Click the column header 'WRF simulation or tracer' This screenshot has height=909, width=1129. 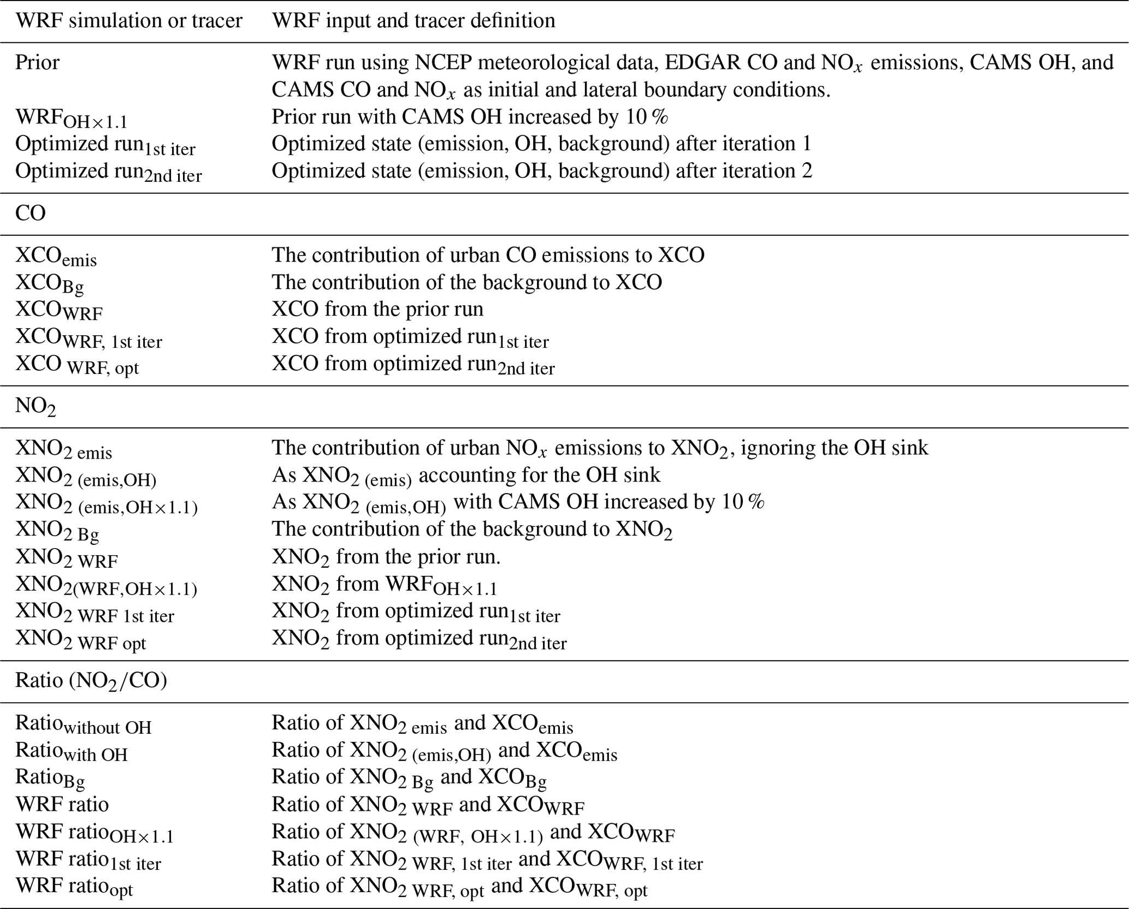(129, 21)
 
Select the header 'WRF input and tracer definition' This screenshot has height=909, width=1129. (413, 21)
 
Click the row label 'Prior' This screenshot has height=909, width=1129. (37, 62)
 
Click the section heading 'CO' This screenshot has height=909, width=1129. (31, 213)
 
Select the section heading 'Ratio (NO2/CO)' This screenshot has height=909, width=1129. (91, 681)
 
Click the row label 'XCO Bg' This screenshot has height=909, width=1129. (50, 283)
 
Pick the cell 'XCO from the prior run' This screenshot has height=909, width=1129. (377, 309)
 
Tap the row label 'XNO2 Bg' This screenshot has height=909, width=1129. (57, 530)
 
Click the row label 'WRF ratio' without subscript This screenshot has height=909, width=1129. (62, 804)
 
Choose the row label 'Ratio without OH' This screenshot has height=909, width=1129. (83, 724)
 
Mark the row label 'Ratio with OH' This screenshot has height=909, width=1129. (71, 751)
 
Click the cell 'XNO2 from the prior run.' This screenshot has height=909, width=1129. (386, 557)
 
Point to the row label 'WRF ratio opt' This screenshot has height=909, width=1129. (74, 886)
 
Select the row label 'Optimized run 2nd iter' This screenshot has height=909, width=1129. (108, 172)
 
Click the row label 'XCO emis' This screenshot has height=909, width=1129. (56, 256)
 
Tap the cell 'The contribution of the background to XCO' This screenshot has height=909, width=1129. (467, 282)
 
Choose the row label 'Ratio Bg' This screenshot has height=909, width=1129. (50, 778)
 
